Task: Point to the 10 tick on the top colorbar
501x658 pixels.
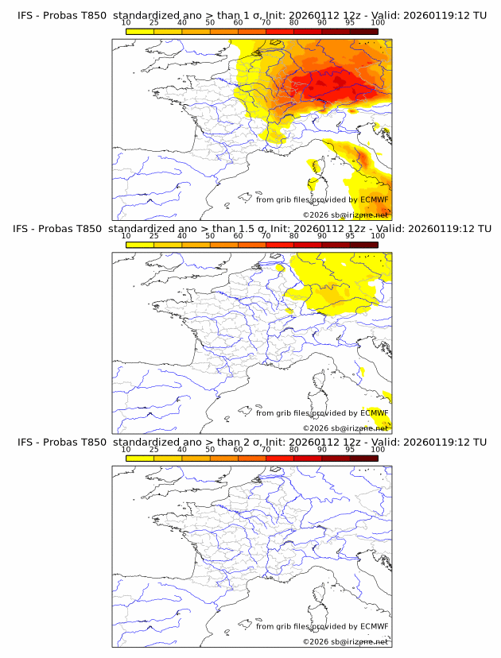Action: coord(126,29)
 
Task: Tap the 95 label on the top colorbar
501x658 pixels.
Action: coord(350,21)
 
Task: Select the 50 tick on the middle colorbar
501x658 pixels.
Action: coord(210,244)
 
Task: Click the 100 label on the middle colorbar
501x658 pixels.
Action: coord(378,236)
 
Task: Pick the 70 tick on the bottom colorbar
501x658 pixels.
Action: coord(266,459)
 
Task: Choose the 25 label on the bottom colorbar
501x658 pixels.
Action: coord(154,450)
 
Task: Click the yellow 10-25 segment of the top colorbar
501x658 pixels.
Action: coord(140,31)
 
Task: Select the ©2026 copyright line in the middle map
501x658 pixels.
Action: coord(345,428)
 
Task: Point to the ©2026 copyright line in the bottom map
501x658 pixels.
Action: coord(345,641)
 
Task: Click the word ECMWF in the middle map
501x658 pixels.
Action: coord(374,413)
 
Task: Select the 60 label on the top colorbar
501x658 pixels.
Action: coord(238,21)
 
